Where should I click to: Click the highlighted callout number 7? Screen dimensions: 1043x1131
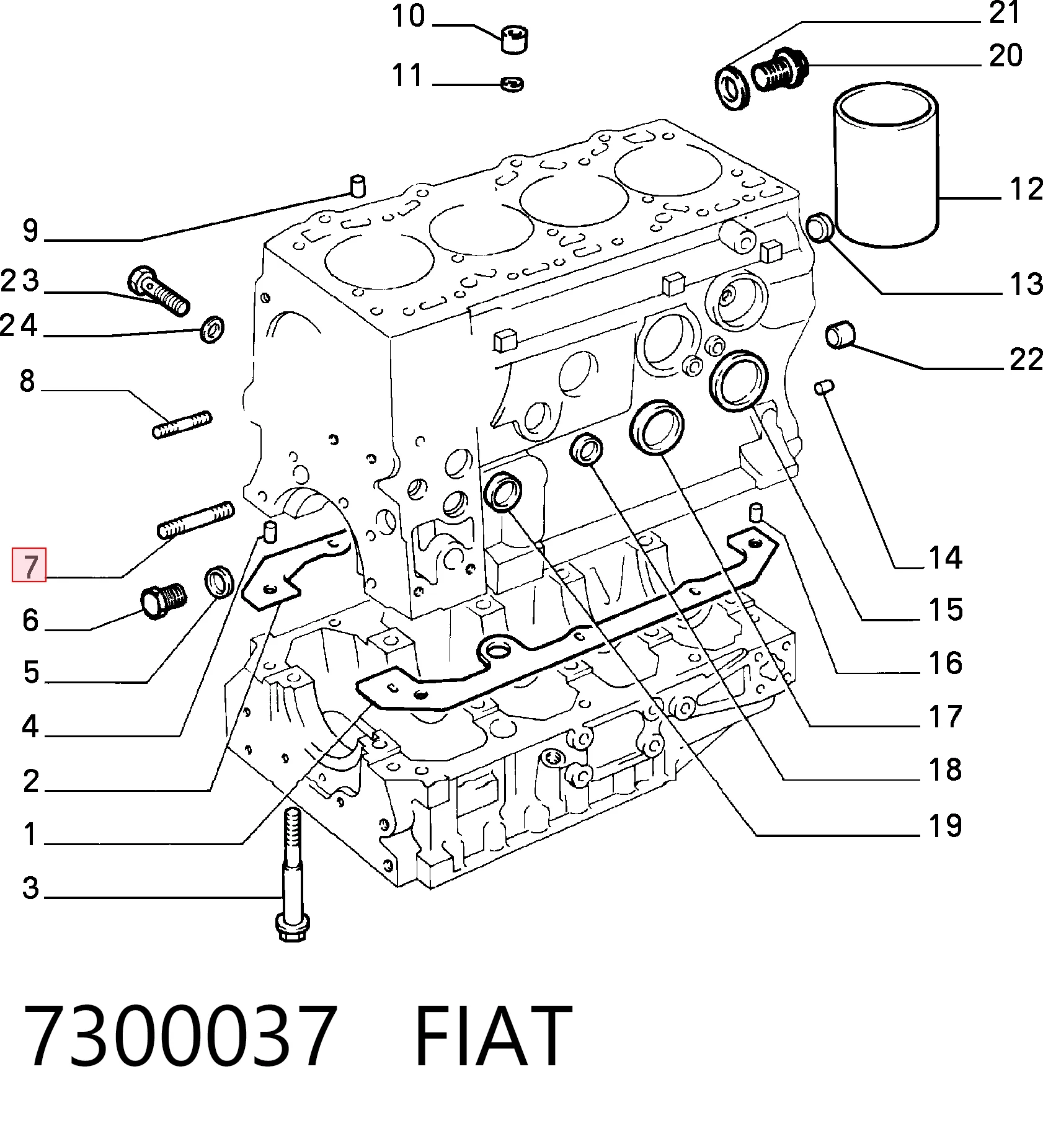(x=30, y=565)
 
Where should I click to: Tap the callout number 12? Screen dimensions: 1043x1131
(x=1026, y=189)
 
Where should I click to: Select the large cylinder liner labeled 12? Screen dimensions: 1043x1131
(x=885, y=165)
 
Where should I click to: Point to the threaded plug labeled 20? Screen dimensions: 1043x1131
(x=780, y=68)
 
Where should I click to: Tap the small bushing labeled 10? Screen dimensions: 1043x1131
(x=513, y=39)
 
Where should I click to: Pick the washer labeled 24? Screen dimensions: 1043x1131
(x=212, y=329)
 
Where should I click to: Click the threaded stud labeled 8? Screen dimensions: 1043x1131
(x=182, y=425)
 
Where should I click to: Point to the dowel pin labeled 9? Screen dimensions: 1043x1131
(x=358, y=186)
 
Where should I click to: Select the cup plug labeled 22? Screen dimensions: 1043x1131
(x=841, y=335)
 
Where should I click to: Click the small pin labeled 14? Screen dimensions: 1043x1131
(x=824, y=387)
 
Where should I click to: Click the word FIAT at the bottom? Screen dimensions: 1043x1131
(x=492, y=1037)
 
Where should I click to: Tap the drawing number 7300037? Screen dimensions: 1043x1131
(x=180, y=1037)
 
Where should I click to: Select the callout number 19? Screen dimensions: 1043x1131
(x=945, y=826)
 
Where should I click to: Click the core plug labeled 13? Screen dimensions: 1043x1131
(x=822, y=228)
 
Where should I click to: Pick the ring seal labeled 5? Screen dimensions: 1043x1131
(x=219, y=582)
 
